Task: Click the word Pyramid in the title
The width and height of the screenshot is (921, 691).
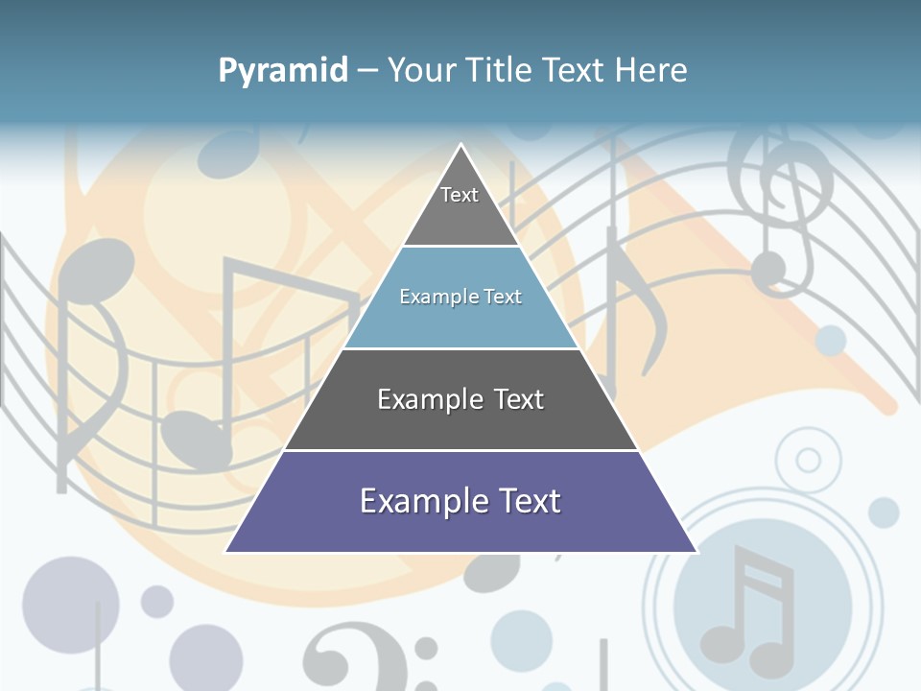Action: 283,71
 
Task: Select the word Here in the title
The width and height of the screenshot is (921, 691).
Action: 651,70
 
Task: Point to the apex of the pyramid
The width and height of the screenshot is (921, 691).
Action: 461,146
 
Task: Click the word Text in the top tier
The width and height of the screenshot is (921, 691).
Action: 460,195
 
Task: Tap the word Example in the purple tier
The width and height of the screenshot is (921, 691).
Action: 417,501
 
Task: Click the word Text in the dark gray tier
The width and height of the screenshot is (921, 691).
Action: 519,399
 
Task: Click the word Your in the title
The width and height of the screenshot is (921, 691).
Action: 420,70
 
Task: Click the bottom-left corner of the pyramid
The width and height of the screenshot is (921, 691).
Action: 225,552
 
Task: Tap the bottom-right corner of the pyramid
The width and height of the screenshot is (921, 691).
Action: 697,552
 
